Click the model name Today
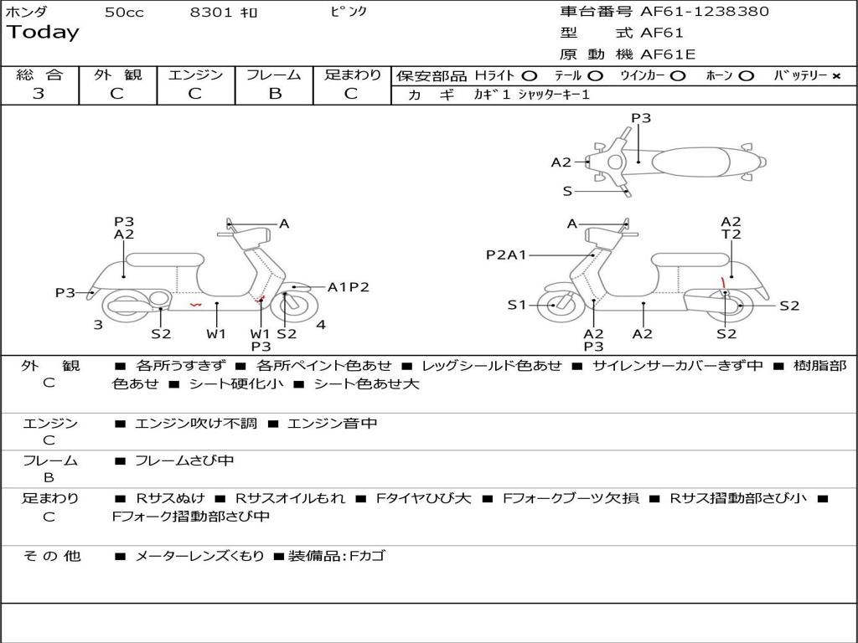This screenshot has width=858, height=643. coord(43,33)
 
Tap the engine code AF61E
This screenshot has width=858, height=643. coord(668,55)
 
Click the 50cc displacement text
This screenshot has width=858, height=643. coord(124,13)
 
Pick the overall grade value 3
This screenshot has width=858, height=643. coord(39,94)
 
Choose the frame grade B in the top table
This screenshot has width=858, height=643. coord(274,94)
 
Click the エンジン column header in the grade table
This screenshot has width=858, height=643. coord(195,75)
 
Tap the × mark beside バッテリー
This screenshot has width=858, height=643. coord(835,75)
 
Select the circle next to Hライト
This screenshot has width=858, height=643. coord(530,75)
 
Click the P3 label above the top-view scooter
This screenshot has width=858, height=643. coord(641,118)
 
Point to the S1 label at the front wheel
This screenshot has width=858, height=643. coord(517,305)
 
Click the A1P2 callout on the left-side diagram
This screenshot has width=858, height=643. coord(349,287)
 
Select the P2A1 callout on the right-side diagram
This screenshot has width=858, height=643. coord(506,255)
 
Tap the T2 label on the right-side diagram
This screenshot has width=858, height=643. coord(731,234)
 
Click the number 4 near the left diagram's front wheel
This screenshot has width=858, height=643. coord(321,324)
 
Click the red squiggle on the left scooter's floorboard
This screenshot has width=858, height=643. coord(195,305)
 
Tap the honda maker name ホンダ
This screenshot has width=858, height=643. coord(27,13)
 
